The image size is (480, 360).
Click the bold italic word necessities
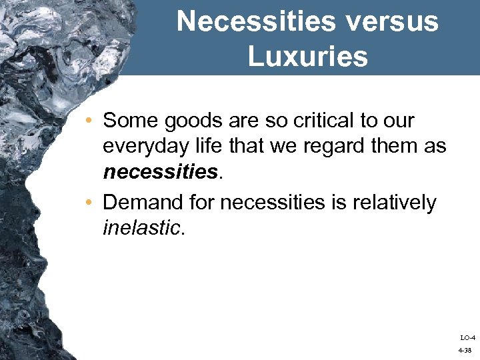tap(161, 173)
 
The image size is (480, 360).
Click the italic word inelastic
tap(141, 227)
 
